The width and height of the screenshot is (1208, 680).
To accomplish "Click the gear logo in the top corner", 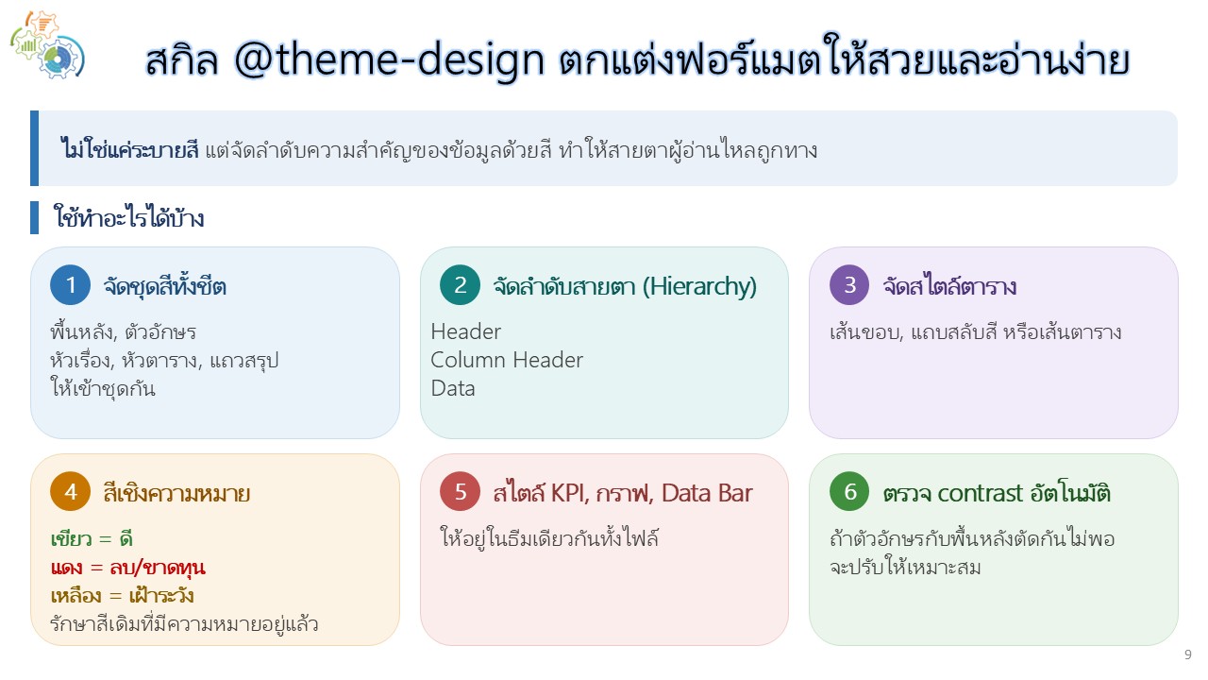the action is point(47,44).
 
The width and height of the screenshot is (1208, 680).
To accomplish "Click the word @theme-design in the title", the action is point(389,59).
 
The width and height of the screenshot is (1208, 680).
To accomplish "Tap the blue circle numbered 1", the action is point(70,285).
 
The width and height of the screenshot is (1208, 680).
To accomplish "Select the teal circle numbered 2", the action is point(460,285).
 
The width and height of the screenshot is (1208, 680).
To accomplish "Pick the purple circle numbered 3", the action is point(849,285).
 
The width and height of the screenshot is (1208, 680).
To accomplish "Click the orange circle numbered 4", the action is point(70,492).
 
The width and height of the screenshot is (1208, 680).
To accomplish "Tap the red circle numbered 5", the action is point(460,492).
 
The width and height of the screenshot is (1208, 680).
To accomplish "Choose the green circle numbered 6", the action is point(849,492).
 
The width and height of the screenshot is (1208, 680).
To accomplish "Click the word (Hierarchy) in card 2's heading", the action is point(699,286).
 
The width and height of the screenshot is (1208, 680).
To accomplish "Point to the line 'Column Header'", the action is point(507,360).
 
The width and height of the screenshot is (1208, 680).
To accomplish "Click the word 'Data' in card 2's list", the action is point(453,388).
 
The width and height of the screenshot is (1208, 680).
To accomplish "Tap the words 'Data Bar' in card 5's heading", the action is point(707,493).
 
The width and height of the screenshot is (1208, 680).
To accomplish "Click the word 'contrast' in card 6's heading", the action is point(980,493).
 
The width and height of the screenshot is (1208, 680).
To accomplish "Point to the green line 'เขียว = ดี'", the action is point(92,538).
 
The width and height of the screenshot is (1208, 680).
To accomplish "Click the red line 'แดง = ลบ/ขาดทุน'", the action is point(127,568).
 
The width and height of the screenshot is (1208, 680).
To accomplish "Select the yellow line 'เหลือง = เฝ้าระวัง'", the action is point(122,595).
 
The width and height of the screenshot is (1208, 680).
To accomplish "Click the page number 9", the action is point(1188,654).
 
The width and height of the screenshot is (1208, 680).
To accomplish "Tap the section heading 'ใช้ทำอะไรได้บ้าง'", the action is point(128,217).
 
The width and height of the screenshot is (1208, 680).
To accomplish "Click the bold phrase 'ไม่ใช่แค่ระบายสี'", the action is point(129,149).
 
